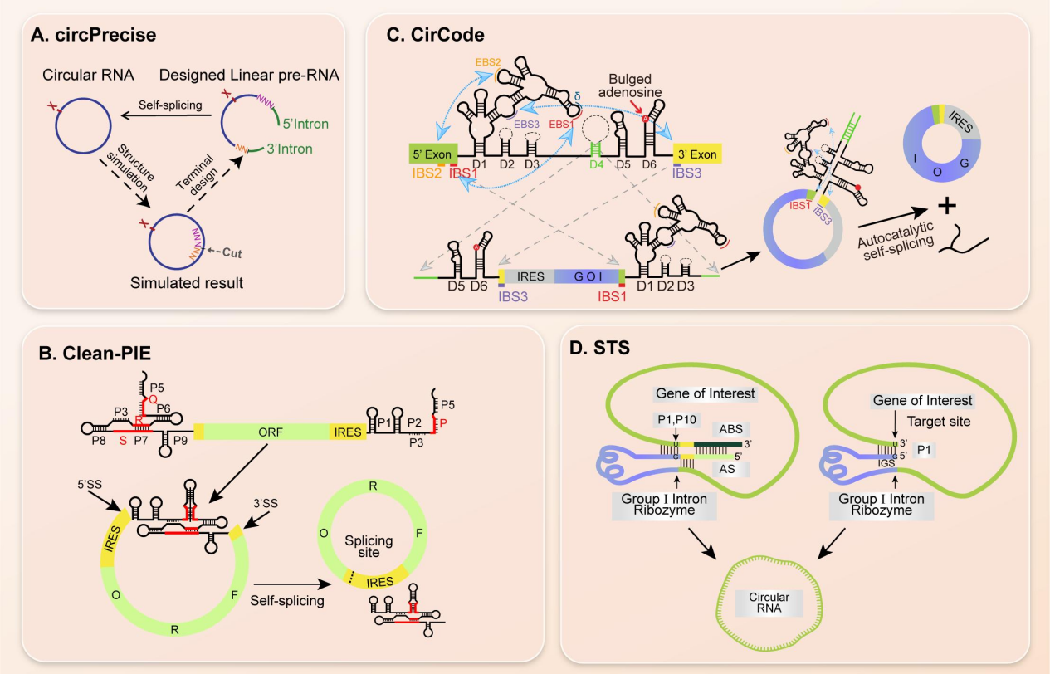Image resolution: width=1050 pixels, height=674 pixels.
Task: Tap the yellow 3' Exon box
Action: [x=696, y=154]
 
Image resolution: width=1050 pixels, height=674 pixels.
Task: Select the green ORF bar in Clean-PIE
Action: [x=265, y=432]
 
